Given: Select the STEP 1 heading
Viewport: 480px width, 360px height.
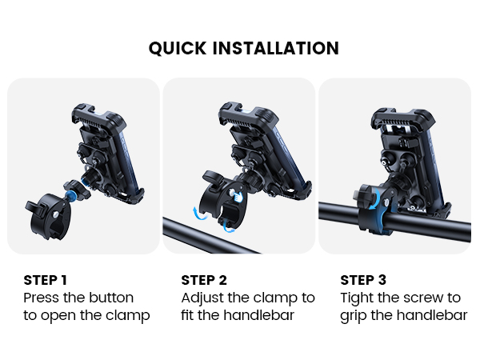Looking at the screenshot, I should [x=46, y=280].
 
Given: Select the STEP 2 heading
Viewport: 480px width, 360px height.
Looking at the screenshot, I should [x=204, y=280].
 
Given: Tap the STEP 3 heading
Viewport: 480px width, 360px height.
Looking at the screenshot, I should [x=363, y=280].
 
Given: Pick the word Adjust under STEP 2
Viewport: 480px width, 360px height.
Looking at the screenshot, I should [x=203, y=298].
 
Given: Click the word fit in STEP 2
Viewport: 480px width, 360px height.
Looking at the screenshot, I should [x=190, y=315].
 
